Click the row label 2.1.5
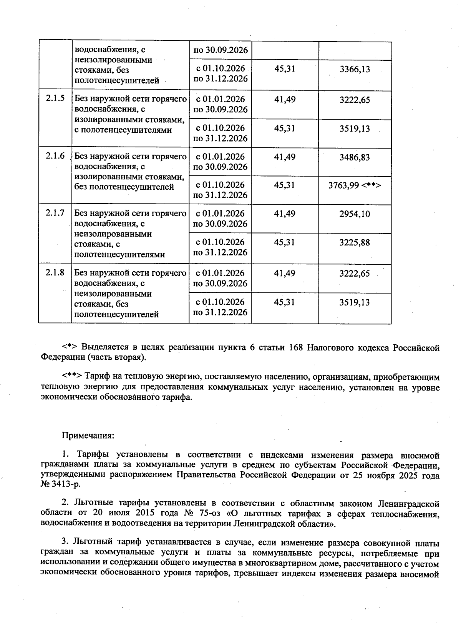55,99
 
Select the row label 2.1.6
55,157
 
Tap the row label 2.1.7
55,214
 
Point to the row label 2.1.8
55,273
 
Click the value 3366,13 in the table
355,69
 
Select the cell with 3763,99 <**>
355,185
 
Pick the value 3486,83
355,157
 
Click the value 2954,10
355,214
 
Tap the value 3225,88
355,243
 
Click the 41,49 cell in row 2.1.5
285,100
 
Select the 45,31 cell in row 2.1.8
285,302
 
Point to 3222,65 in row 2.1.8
355,274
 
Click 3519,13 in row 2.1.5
355,128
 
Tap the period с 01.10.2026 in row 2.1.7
220,242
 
